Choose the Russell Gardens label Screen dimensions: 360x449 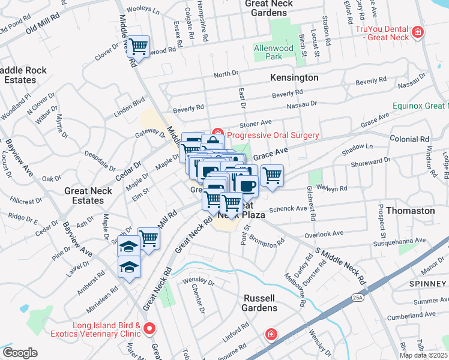[260, 303]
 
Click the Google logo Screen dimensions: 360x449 [20, 353]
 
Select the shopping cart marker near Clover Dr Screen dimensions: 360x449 [138, 46]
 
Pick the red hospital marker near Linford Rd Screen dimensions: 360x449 [271, 334]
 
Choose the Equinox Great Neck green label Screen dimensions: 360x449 [420, 106]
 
